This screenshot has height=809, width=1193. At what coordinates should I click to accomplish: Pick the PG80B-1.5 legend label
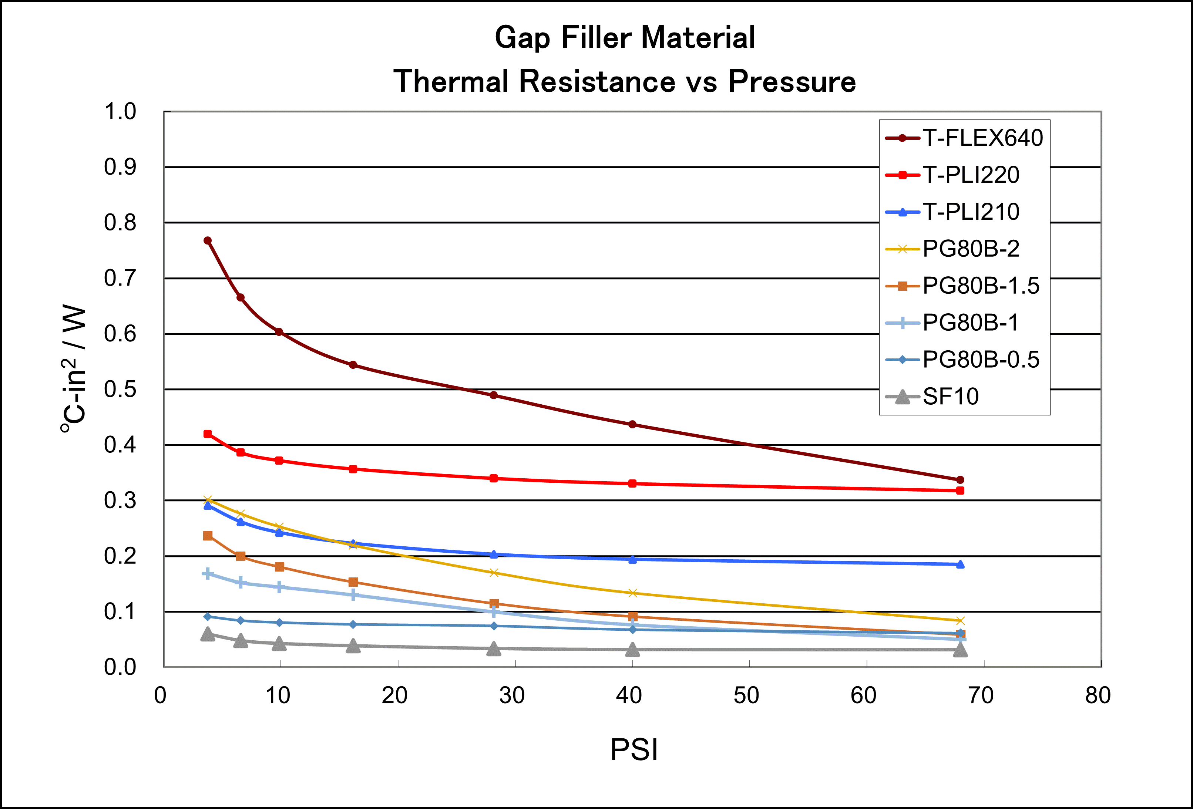click(981, 286)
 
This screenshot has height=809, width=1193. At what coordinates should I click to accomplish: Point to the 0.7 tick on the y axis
click(120, 278)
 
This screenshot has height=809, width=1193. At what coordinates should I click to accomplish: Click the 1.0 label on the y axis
click(120, 111)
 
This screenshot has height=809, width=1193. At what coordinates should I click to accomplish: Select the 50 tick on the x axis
click(746, 695)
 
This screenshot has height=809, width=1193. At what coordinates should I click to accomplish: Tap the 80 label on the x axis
click(1098, 695)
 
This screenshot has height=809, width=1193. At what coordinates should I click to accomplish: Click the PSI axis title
click(634, 749)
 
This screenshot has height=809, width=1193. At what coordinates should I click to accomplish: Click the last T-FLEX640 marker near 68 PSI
click(960, 480)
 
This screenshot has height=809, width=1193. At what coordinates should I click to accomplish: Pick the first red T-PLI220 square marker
click(207, 434)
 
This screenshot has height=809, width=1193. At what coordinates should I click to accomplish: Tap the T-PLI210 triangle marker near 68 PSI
click(960, 564)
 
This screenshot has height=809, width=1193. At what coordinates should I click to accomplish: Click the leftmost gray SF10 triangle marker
click(207, 634)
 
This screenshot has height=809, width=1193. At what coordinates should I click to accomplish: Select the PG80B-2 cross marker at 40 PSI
click(632, 593)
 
